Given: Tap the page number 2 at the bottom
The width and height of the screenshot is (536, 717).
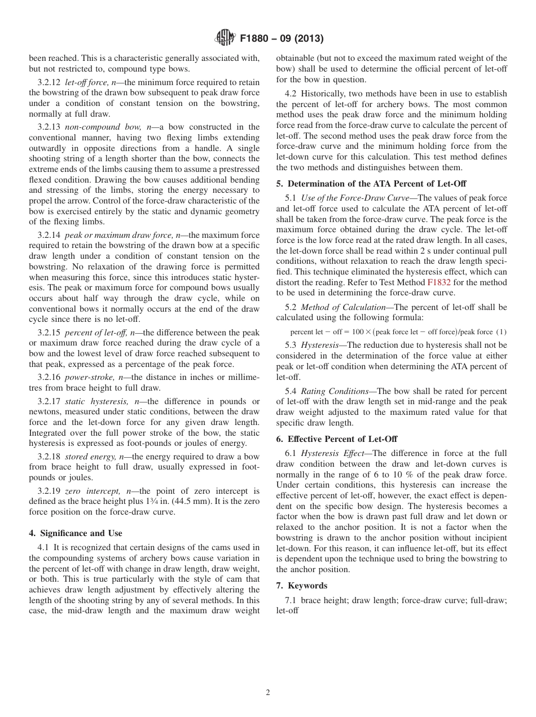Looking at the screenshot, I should pyautogui.click(x=268, y=693).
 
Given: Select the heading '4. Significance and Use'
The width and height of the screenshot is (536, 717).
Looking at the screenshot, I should pyautogui.click(x=75, y=533).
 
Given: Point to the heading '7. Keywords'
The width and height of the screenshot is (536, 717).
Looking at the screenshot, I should pyautogui.click(x=301, y=586).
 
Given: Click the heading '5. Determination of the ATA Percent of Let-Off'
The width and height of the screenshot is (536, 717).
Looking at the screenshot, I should pyautogui.click(x=371, y=184).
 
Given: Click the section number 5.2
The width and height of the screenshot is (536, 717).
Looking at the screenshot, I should pyautogui.click(x=291, y=307).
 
